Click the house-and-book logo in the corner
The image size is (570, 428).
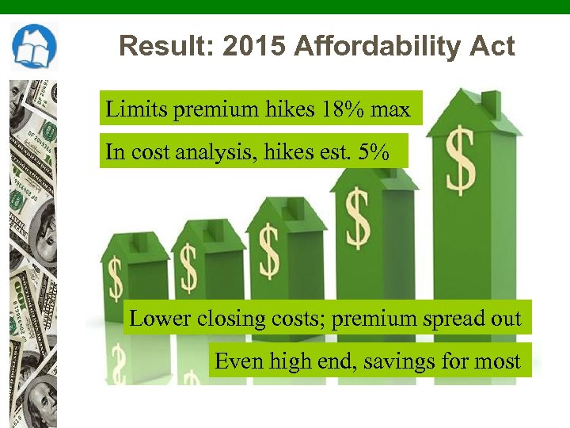click(x=34, y=47)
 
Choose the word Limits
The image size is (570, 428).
click(x=136, y=109)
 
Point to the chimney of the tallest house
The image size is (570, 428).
click(x=491, y=103)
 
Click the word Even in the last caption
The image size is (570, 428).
click(x=239, y=362)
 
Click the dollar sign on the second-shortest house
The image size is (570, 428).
click(x=188, y=268)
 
